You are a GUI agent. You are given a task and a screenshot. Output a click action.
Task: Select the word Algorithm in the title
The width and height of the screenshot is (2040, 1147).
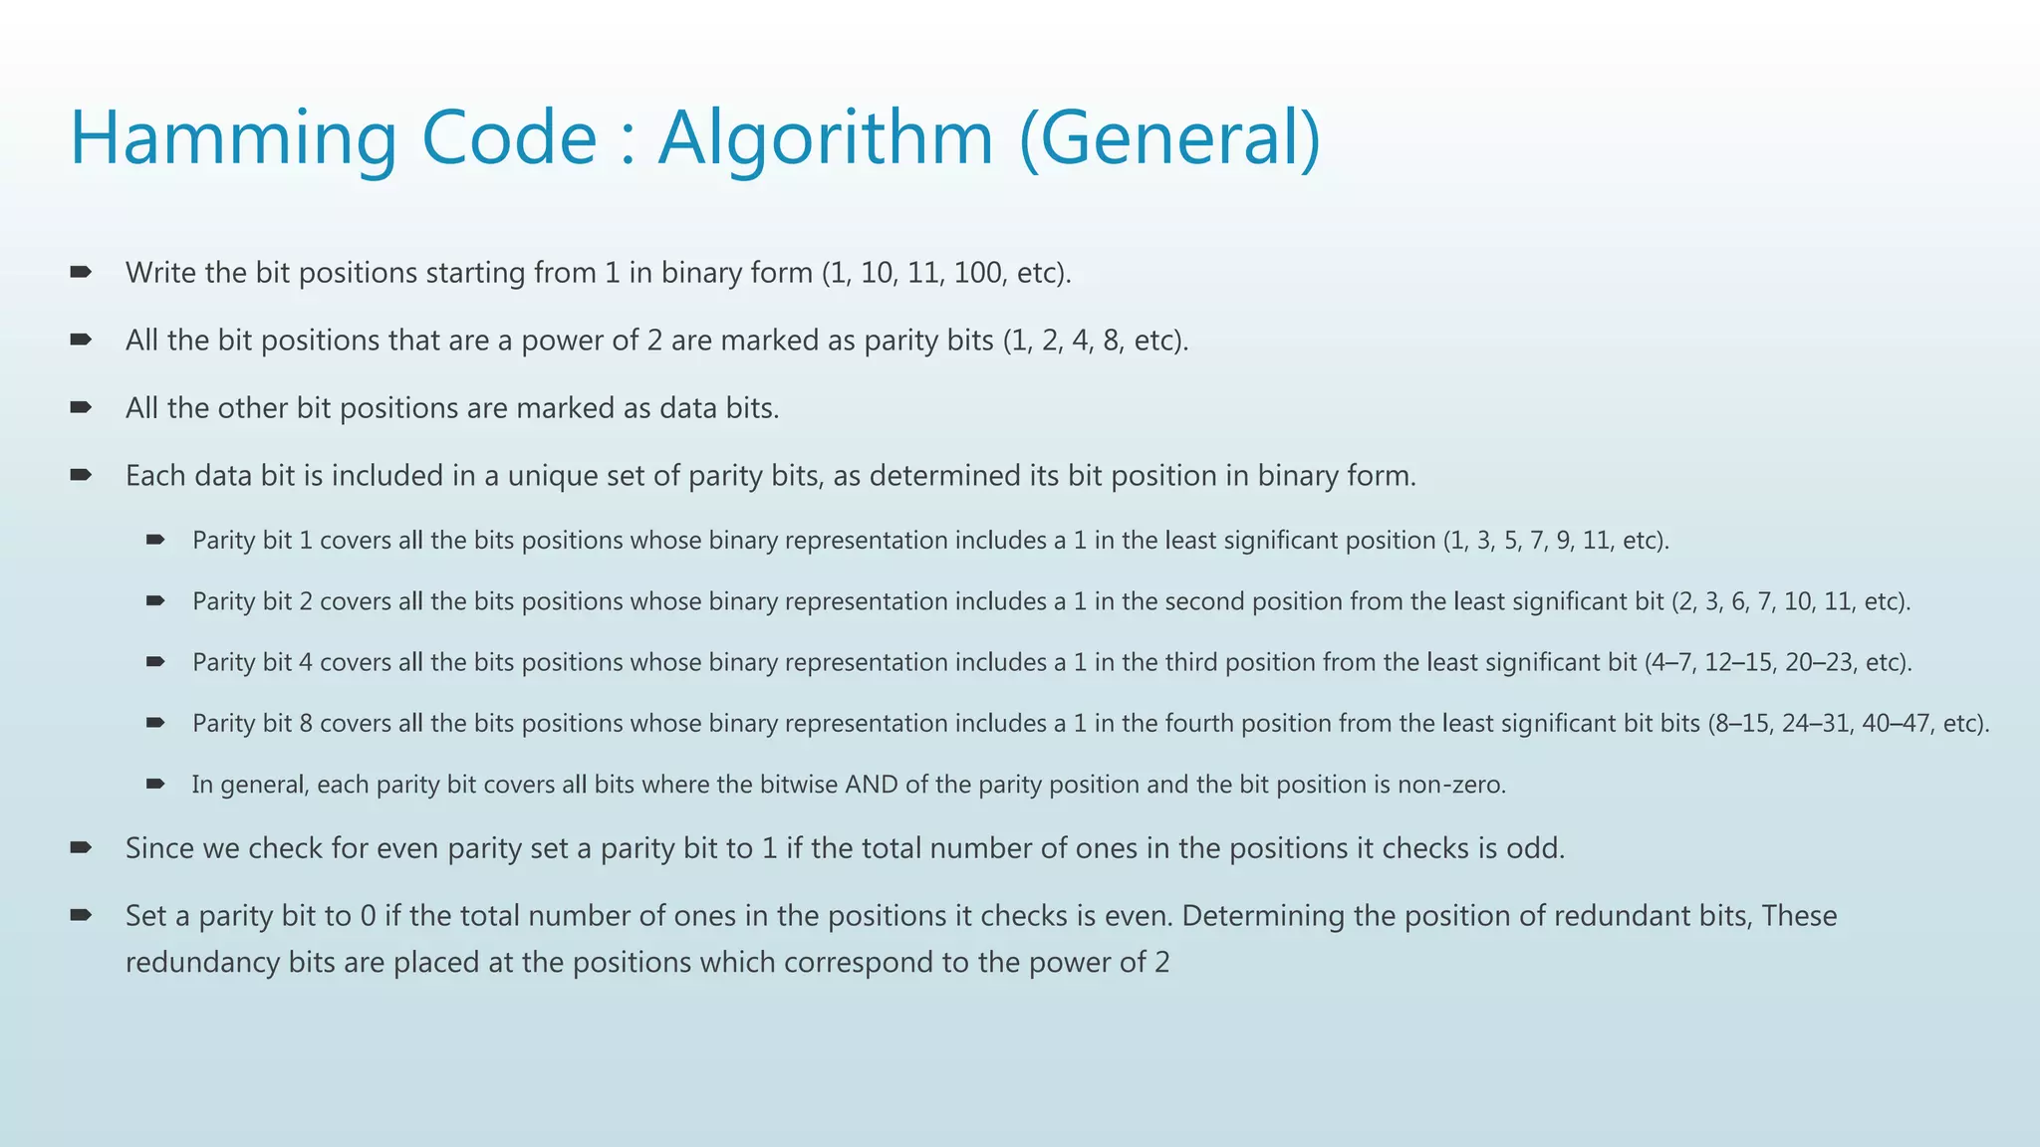point(826,137)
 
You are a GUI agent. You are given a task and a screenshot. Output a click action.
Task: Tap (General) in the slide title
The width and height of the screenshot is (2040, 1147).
point(1170,137)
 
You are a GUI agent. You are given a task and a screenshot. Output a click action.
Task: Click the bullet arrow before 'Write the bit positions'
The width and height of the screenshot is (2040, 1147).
point(81,272)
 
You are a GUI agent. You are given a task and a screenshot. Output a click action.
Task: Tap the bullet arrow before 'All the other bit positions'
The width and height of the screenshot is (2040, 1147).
point(81,407)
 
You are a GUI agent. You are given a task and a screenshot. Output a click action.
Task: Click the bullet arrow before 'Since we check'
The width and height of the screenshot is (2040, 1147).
point(81,847)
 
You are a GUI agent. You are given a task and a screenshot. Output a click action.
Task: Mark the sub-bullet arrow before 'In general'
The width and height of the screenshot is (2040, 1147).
point(154,785)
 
